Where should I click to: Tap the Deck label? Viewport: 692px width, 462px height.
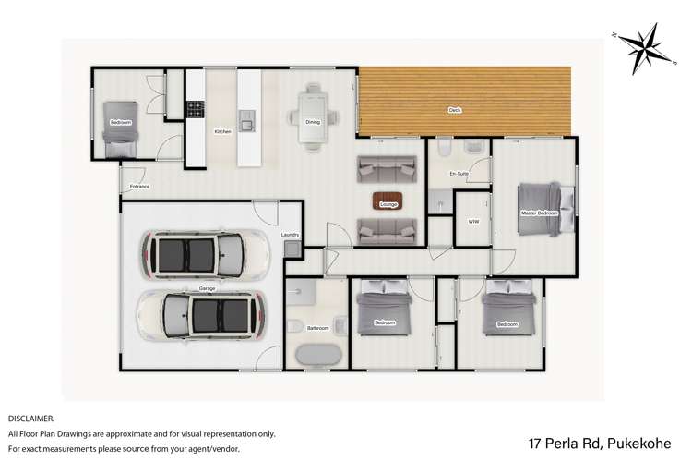click(x=455, y=109)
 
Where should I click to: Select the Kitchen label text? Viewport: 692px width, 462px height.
click(x=222, y=131)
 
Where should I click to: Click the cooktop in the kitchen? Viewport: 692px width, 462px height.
click(x=196, y=110)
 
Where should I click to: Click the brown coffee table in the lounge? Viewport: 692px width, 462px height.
click(x=387, y=200)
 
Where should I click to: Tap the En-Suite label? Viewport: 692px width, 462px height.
click(x=459, y=174)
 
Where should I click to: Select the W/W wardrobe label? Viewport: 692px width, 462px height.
click(x=473, y=222)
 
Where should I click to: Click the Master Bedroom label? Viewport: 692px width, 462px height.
click(x=539, y=213)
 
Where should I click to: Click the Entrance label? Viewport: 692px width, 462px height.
click(x=139, y=187)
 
